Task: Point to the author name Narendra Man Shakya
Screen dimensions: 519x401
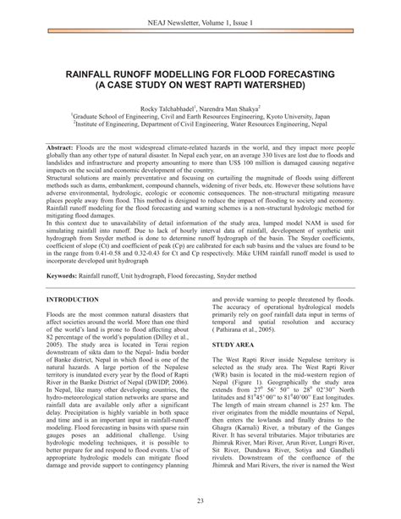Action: (240, 110)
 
